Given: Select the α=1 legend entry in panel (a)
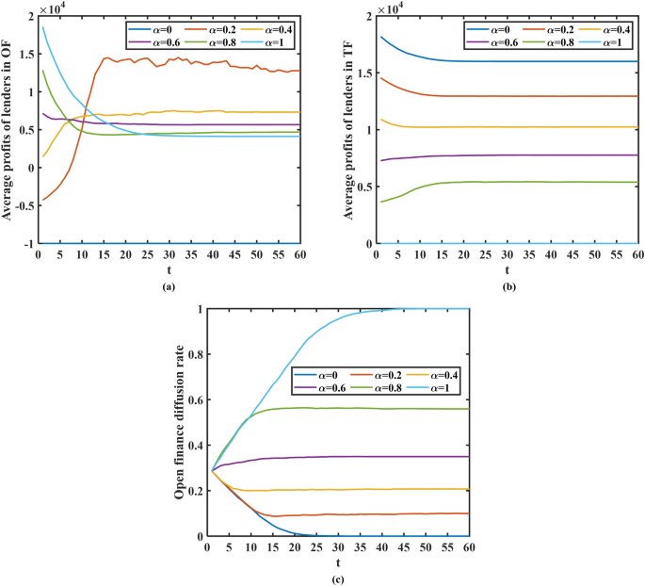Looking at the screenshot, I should (270, 42).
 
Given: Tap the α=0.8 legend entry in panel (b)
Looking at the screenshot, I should (550, 42).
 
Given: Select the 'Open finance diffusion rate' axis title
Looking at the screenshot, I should (179, 422).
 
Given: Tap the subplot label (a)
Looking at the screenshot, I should (168, 285).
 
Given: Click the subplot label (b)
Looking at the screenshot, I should (507, 285).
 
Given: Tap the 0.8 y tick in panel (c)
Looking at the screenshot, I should (195, 354).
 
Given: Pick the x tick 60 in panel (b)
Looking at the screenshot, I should (637, 254).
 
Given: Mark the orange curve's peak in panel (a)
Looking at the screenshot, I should (172, 57).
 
